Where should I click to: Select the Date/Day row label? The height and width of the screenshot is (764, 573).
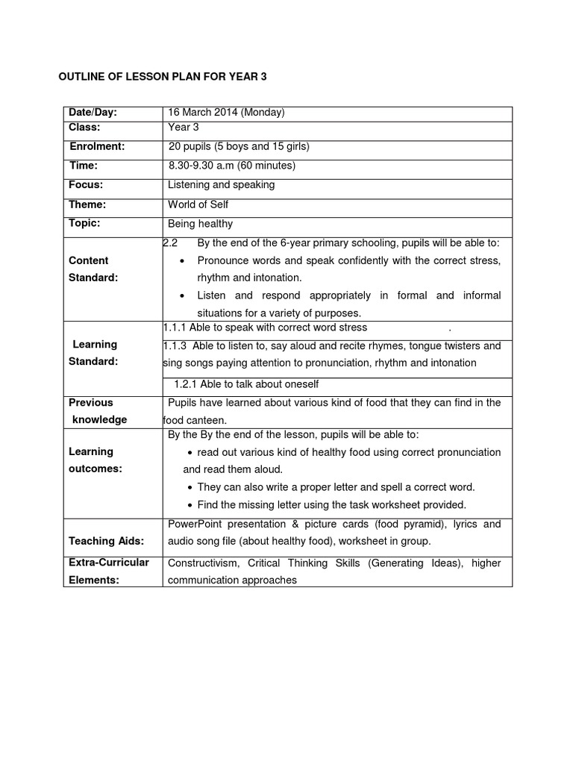point(93,113)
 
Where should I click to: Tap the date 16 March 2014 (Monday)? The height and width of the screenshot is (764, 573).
point(227,113)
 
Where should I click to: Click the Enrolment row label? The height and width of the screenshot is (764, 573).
point(97,147)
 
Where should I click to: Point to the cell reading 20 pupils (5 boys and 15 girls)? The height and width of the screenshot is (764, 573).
point(239,147)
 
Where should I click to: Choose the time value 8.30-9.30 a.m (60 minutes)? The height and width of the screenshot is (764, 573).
point(232,166)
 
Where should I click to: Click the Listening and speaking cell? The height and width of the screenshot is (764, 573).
point(222,184)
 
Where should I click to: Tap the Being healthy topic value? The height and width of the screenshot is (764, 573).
point(201,224)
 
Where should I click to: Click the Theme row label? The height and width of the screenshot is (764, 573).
point(87,204)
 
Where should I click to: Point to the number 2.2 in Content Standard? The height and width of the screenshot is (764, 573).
point(169,243)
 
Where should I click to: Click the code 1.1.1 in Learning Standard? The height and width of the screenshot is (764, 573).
point(174,328)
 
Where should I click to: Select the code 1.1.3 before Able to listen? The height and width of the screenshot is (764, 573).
point(175,346)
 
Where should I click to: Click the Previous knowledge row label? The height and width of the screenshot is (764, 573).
point(98,411)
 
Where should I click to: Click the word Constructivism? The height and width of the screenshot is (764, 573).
point(201,563)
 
